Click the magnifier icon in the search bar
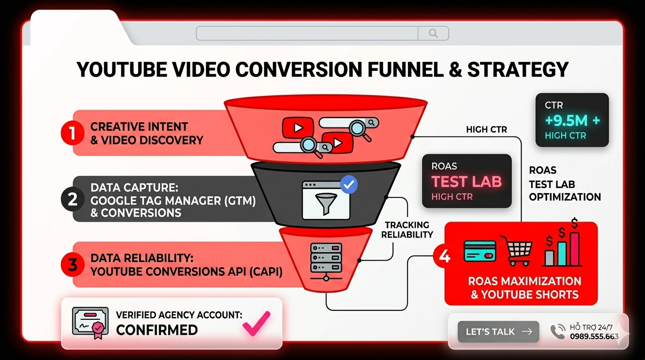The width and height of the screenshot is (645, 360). coord(433,33)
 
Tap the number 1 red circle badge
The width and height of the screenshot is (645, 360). coord(72,133)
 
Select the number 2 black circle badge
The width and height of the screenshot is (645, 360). coord(72,200)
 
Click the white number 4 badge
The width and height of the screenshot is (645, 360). coord(444,257)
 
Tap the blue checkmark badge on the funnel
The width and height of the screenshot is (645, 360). coord(348,185)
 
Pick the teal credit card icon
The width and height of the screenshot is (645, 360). coord(480,251)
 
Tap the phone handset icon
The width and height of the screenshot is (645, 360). coord(558,331)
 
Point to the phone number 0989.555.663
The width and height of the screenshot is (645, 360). coord(594,336)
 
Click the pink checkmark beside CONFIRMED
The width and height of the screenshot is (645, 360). coord(256,323)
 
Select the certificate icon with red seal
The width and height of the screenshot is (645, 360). coord(90,322)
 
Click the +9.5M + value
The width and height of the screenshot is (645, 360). coord(572,121)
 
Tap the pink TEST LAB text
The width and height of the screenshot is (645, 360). coord(466,181)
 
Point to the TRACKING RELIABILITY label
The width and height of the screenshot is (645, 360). coord(407,230)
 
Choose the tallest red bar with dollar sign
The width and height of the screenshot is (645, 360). coord(574,248)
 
